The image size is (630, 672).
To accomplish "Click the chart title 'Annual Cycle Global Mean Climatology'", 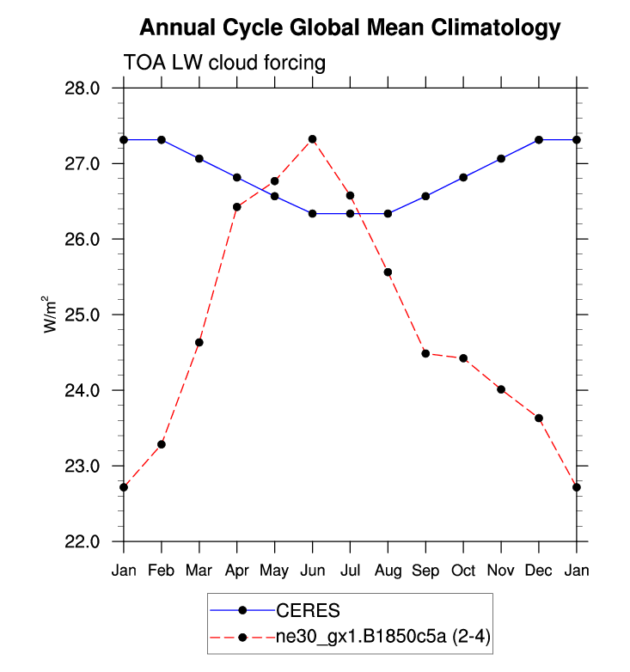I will (x=350, y=27).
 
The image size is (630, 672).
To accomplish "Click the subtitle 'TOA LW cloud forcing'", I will (x=225, y=63).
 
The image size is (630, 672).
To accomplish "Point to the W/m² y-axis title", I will (x=54, y=315).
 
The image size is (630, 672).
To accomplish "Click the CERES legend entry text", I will (x=308, y=611).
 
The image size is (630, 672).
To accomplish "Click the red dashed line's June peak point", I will (x=313, y=139).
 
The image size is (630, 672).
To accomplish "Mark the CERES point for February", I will (x=162, y=139).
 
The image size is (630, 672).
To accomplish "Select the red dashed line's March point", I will (x=199, y=343).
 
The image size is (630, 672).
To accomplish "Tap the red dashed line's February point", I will (x=162, y=444).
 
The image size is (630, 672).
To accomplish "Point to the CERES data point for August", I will (x=388, y=213).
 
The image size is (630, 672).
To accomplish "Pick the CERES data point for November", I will (x=501, y=159).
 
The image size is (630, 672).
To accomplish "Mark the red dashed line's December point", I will (x=539, y=418).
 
